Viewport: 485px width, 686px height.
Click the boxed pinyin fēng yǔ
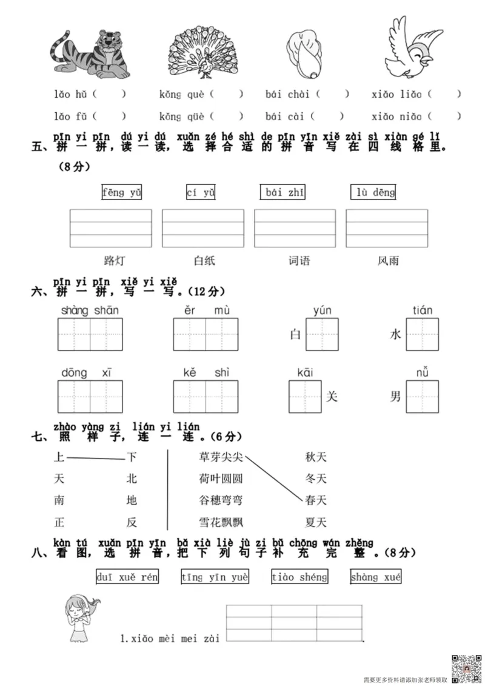122,193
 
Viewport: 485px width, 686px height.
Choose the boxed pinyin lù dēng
373,193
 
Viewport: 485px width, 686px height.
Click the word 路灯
114,261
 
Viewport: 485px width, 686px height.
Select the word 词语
299,261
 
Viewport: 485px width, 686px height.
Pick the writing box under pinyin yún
322,334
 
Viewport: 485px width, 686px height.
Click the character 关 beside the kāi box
331,397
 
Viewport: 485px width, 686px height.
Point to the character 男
395,397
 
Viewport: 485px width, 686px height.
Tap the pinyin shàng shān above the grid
90,311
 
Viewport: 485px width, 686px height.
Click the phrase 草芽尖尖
221,457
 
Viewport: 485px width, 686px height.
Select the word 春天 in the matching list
315,500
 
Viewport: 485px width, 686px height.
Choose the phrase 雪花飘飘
221,522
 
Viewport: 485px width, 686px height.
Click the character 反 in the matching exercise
132,522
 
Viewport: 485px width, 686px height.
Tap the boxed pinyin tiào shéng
299,577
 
